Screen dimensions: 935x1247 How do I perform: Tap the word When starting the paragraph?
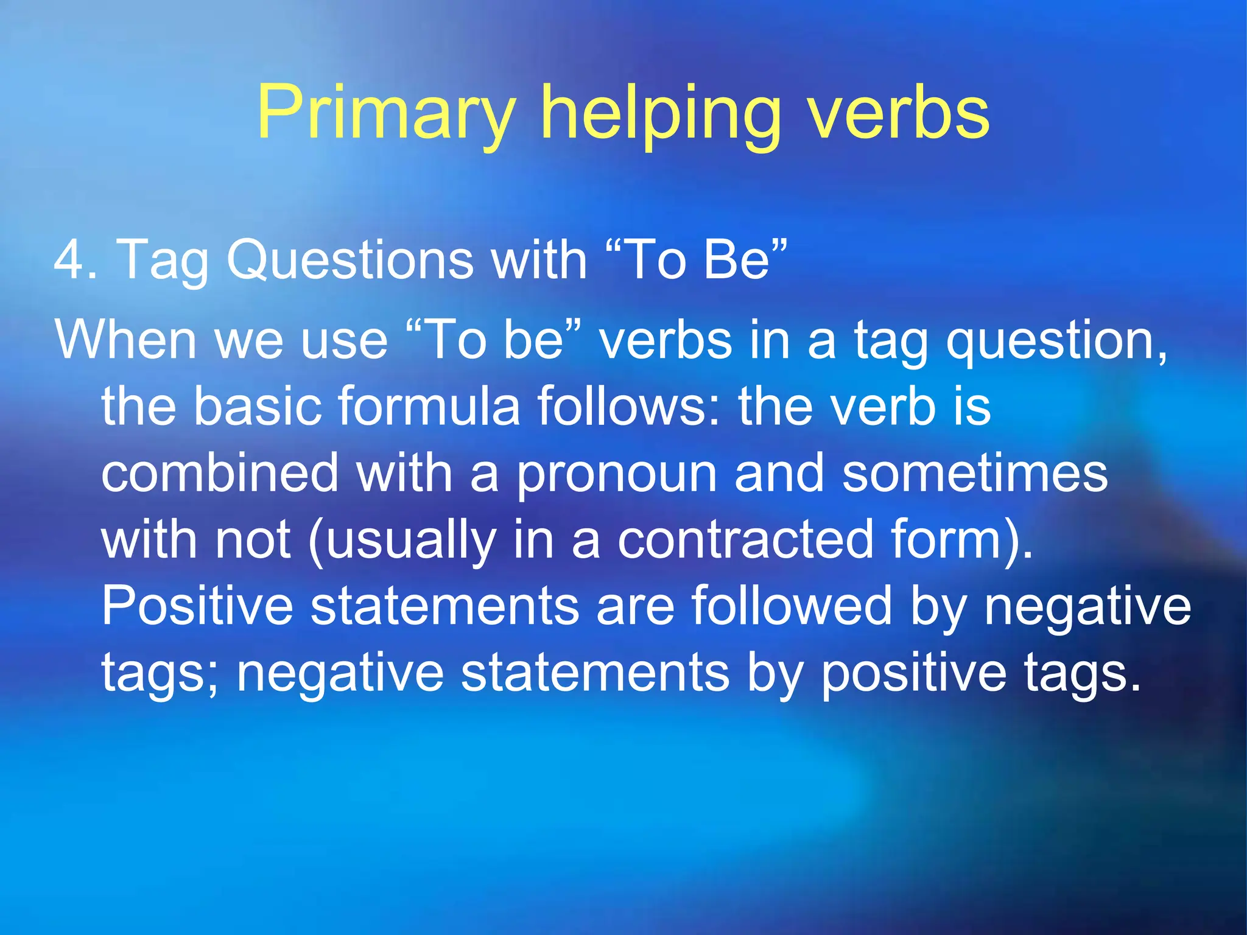[x=125, y=340]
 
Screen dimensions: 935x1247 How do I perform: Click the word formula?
[x=429, y=406]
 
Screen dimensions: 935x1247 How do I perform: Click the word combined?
[x=220, y=473]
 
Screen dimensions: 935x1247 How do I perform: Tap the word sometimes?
[x=975, y=473]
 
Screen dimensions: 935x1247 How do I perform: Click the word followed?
[x=792, y=606]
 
